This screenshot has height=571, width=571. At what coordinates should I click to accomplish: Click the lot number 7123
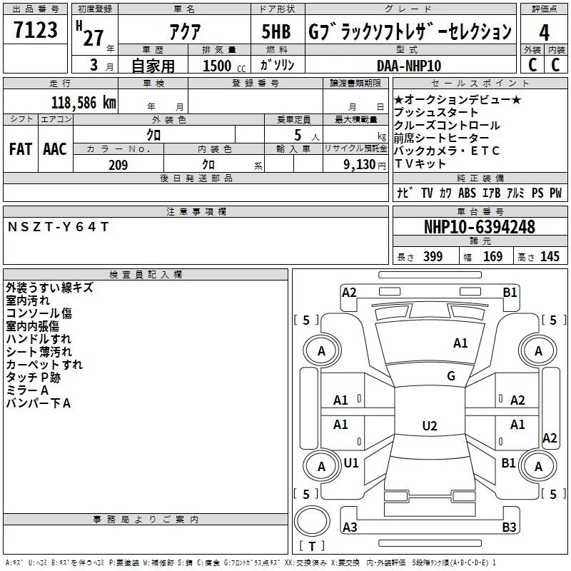pos(35,30)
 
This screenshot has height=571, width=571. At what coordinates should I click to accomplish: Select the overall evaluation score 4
pos(544,31)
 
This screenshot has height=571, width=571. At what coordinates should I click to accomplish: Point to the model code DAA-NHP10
pos(409,65)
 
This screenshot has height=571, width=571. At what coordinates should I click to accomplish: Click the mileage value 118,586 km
pos(84,102)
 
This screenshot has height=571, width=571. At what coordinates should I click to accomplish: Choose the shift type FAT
pos(20,148)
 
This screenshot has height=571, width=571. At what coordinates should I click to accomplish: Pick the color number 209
pos(117,165)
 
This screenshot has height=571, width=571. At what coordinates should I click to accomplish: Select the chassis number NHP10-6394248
pos(479,227)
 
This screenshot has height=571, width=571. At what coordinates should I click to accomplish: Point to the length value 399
pos(432,257)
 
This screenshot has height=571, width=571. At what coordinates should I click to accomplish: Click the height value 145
pos(550,257)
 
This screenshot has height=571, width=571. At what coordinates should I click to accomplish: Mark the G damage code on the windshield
pos(450,376)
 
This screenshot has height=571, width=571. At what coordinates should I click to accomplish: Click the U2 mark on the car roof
pos(429,426)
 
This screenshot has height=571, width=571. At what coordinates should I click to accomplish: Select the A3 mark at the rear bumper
pos(350,527)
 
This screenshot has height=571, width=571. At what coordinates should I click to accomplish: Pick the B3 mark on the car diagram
pos(509,527)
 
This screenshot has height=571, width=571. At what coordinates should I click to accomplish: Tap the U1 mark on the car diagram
pos(351,463)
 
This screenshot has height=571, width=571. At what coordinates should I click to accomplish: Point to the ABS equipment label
pos(467,193)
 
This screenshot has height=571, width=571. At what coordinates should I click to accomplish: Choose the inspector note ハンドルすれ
pos(39,339)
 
